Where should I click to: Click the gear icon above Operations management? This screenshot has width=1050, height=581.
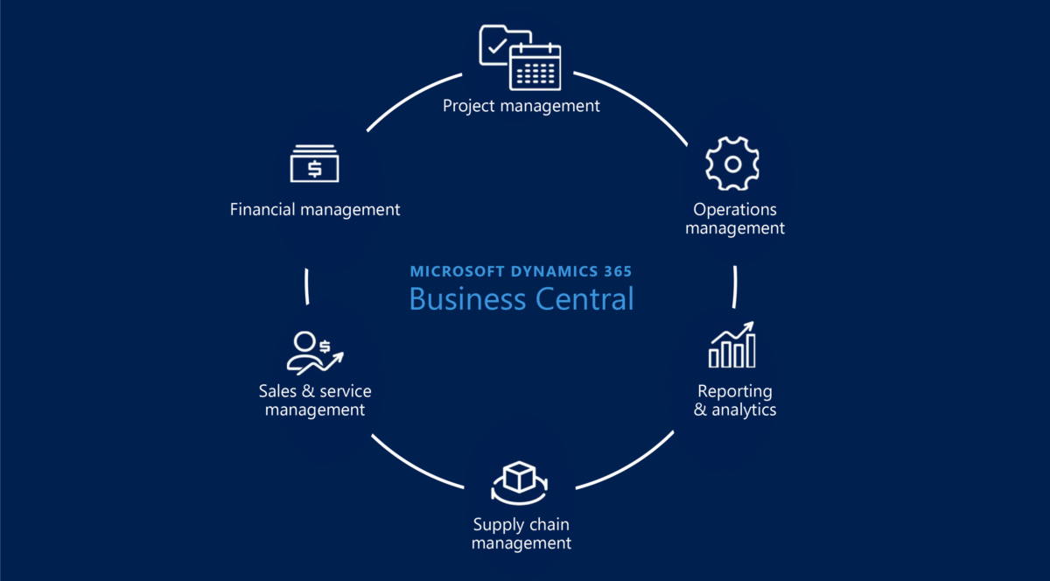pyautogui.click(x=732, y=164)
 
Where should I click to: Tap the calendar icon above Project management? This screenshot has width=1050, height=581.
pyautogui.click(x=535, y=66)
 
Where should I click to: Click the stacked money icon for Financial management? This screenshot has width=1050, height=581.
pyautogui.click(x=314, y=163)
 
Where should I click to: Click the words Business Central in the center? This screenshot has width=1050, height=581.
pyautogui.click(x=521, y=298)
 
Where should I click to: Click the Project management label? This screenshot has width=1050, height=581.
pyautogui.click(x=521, y=106)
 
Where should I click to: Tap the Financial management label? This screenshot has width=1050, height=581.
pyautogui.click(x=314, y=210)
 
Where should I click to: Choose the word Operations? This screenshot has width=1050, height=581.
pyautogui.click(x=735, y=210)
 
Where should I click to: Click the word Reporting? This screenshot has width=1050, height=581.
pyautogui.click(x=735, y=391)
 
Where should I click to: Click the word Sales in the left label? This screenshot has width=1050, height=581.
pyautogui.click(x=277, y=391)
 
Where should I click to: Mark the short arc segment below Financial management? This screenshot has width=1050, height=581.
pyautogui.click(x=307, y=286)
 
